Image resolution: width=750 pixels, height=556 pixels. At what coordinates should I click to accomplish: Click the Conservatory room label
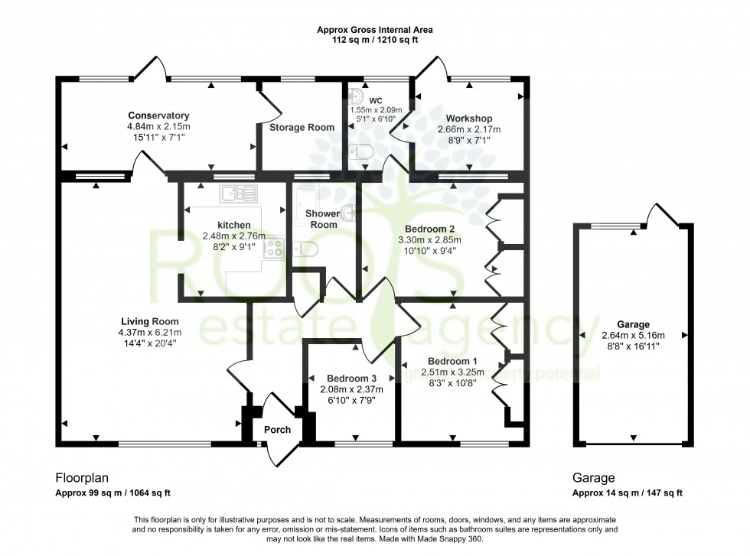[x=158, y=115]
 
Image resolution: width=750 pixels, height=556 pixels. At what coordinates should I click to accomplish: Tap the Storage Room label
[x=302, y=128]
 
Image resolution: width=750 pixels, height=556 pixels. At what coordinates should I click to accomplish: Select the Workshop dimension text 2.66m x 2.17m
[x=464, y=129]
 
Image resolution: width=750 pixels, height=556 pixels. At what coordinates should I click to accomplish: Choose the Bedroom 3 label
[x=351, y=379]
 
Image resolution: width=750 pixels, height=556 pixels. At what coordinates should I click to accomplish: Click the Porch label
[x=277, y=430]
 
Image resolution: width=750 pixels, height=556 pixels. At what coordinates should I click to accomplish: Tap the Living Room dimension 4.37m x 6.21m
[x=150, y=333]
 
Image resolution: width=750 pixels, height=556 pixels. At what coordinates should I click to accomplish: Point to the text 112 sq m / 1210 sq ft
[x=374, y=40]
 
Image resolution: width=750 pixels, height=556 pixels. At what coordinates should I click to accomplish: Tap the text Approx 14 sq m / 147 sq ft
[x=627, y=493]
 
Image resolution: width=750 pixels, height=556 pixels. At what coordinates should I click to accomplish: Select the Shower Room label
[x=321, y=219]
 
